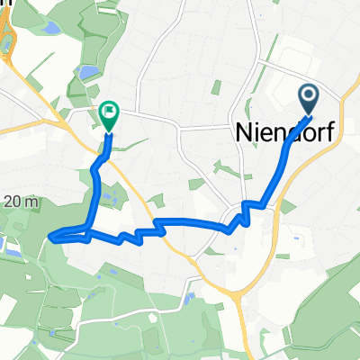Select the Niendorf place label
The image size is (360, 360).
coord(285,132)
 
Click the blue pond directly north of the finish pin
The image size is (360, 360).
coord(87,70)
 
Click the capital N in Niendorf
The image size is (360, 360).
coord(244,132)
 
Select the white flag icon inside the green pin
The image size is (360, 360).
coord(110,112)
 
